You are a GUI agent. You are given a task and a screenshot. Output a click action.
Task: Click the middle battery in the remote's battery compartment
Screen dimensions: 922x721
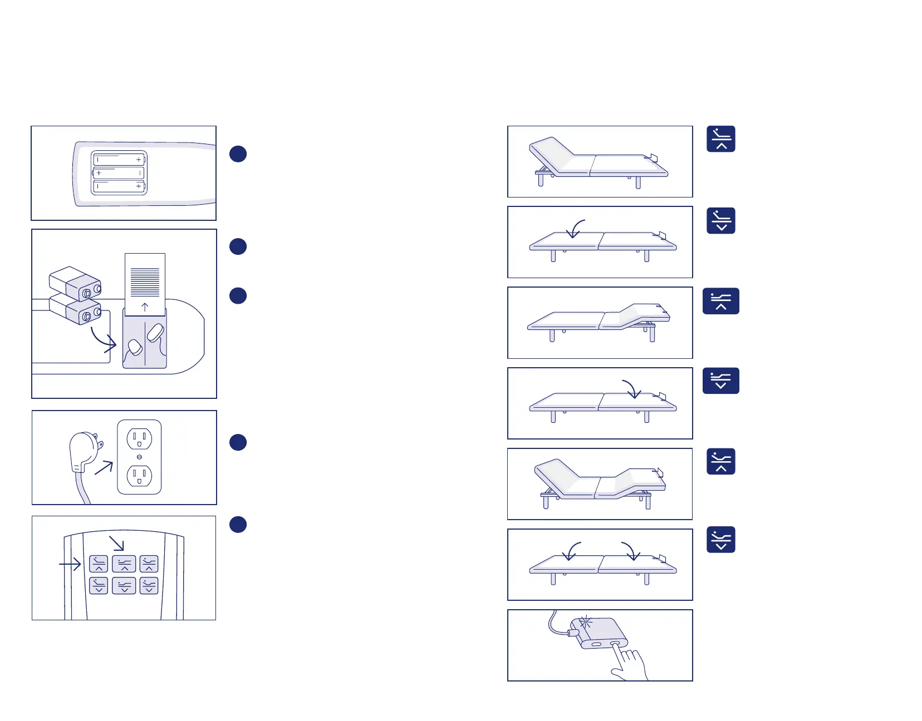click(119, 173)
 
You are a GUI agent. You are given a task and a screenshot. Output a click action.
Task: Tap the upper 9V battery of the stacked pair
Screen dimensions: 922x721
click(75, 283)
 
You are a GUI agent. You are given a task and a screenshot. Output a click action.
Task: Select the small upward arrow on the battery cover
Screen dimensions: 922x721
click(145, 307)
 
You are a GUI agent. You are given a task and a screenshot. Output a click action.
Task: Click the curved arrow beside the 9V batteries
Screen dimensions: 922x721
click(104, 340)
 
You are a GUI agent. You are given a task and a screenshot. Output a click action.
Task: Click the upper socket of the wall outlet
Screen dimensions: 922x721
click(139, 438)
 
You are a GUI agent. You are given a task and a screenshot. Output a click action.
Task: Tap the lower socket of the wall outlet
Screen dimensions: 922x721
click(139, 476)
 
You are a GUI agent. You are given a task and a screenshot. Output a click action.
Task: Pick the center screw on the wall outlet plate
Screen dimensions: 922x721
click(139, 457)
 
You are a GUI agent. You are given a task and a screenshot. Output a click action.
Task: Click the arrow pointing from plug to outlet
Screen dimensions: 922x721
click(104, 467)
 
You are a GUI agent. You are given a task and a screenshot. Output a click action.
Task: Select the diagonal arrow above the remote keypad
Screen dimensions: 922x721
click(117, 543)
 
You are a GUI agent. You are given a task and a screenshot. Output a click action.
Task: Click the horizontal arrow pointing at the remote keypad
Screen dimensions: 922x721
click(70, 564)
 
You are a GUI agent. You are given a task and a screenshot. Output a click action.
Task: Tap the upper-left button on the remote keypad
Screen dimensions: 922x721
click(99, 564)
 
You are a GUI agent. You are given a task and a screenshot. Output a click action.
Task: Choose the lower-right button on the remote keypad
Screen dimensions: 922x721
click(149, 585)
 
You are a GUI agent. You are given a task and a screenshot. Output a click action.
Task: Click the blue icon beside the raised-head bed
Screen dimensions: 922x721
click(721, 139)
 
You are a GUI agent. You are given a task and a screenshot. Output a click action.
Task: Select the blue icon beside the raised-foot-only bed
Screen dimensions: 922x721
click(721, 301)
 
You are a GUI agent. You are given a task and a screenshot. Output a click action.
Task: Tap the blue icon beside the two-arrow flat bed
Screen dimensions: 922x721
click(721, 540)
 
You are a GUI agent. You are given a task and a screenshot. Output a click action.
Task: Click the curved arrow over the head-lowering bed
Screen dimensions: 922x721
click(576, 229)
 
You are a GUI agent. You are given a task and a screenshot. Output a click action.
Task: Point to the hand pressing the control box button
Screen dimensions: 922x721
click(631, 664)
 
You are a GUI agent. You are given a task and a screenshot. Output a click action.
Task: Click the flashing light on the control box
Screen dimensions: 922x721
click(585, 623)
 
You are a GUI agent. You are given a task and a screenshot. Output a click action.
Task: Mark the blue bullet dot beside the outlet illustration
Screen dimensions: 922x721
click(238, 442)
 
